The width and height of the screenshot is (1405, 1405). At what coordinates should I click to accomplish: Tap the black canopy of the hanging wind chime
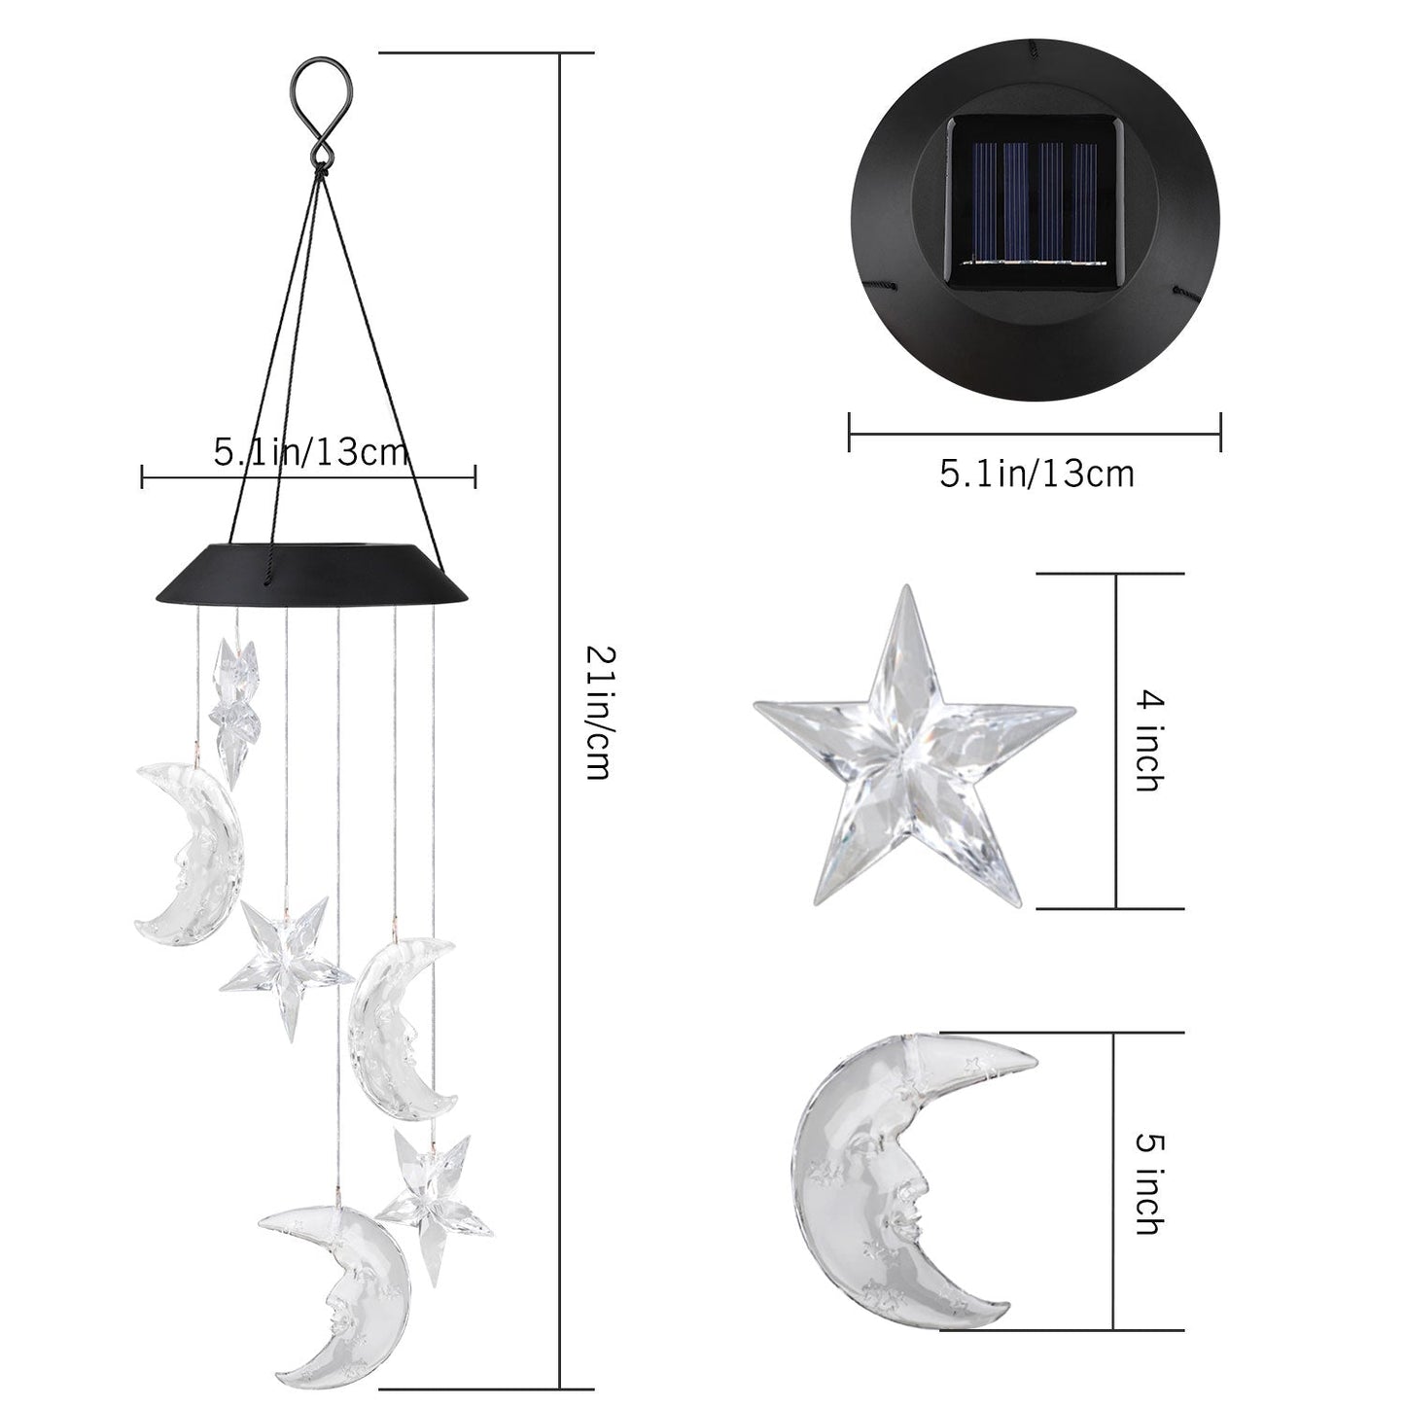pyautogui.click(x=310, y=574)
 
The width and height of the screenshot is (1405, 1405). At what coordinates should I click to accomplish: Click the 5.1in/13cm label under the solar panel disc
pyautogui.click(x=1036, y=474)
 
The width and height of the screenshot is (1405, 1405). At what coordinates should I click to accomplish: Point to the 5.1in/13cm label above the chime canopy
pyautogui.click(x=310, y=452)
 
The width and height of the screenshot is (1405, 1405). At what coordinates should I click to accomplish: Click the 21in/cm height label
pyautogui.click(x=594, y=714)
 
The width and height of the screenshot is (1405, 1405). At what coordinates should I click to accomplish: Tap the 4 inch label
pyautogui.click(x=1148, y=741)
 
